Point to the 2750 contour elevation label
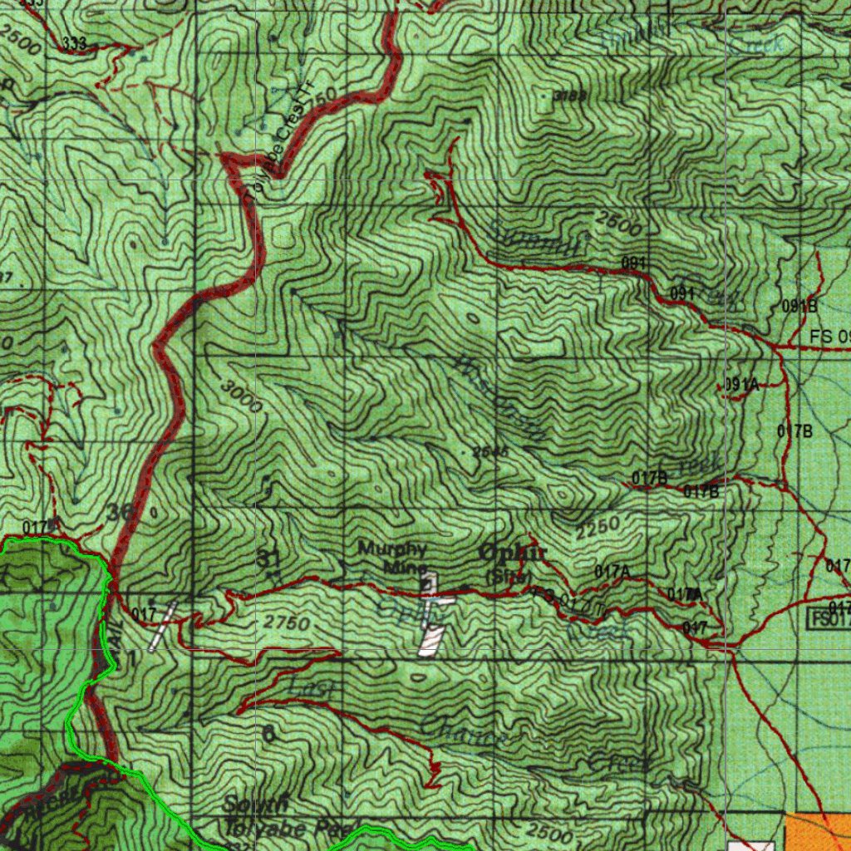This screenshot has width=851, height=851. [x=287, y=623]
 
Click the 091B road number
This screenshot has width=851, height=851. [x=799, y=306]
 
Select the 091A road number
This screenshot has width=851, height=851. [x=741, y=385]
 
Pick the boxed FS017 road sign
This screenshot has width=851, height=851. [x=829, y=618]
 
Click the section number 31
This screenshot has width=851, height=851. [x=268, y=558]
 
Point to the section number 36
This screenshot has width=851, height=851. [x=119, y=512]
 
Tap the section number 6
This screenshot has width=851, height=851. [x=268, y=733]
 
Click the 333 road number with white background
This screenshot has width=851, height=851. [x=73, y=44]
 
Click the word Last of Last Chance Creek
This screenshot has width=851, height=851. [x=312, y=688]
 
